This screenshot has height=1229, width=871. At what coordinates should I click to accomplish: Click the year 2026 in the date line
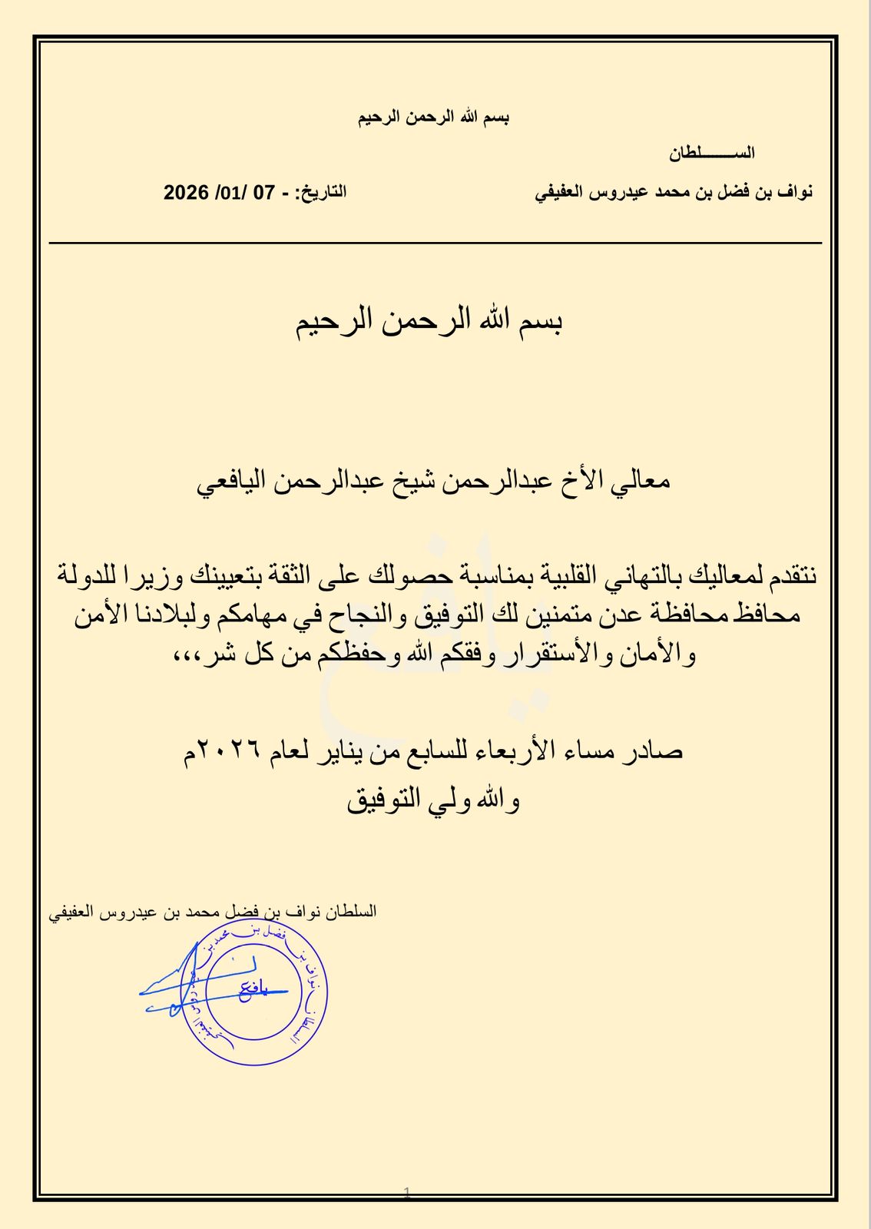pyautogui.click(x=186, y=192)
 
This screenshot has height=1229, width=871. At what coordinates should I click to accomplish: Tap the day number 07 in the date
pyautogui.click(x=263, y=192)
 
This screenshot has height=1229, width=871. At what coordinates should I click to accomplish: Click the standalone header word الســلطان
pyautogui.click(x=711, y=153)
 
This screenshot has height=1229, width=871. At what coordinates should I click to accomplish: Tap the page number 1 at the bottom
pyautogui.click(x=407, y=1193)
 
